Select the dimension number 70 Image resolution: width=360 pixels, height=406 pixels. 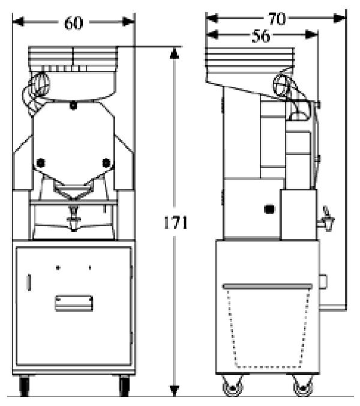click(277, 19)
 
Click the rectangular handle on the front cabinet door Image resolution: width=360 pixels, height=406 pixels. click(73, 302)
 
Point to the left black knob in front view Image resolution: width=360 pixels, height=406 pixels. click(41, 162)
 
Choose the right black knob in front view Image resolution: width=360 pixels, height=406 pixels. click(107, 162)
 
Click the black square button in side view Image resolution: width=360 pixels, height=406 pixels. click(269, 210)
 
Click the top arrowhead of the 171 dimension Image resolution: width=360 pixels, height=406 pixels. click(174, 52)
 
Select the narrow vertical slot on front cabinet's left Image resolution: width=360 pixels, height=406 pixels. click(29, 282)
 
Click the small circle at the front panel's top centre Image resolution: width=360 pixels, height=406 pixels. click(73, 106)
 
